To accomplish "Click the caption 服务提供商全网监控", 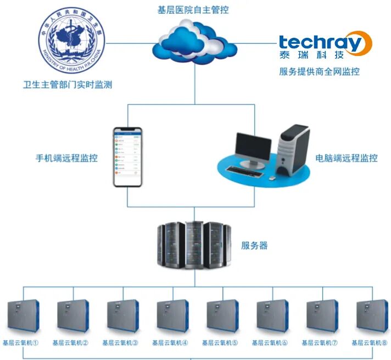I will [x=319, y=71].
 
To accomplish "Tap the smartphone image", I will [x=127, y=156].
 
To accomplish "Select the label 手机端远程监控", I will [x=66, y=158].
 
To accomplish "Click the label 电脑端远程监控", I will [x=347, y=158].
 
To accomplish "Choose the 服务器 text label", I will [x=255, y=245].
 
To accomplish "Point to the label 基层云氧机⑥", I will [x=270, y=343].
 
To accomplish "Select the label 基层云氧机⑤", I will [x=220, y=343].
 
